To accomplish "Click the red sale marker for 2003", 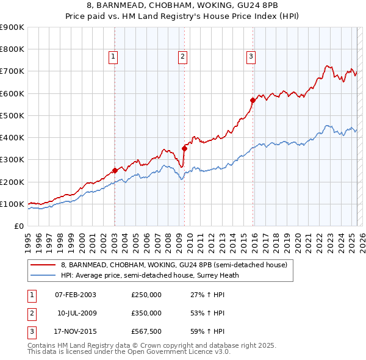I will (x=115, y=171).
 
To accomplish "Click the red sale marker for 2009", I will (x=184, y=148).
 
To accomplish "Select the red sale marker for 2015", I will (x=253, y=100).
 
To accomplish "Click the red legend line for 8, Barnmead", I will (x=43, y=265).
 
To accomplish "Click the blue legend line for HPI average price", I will (x=43, y=275).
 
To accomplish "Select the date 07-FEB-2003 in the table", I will (x=76, y=295).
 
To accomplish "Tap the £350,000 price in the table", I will (x=146, y=313).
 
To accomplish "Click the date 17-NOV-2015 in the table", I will (x=76, y=331).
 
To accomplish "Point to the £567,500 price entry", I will (x=146, y=331).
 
